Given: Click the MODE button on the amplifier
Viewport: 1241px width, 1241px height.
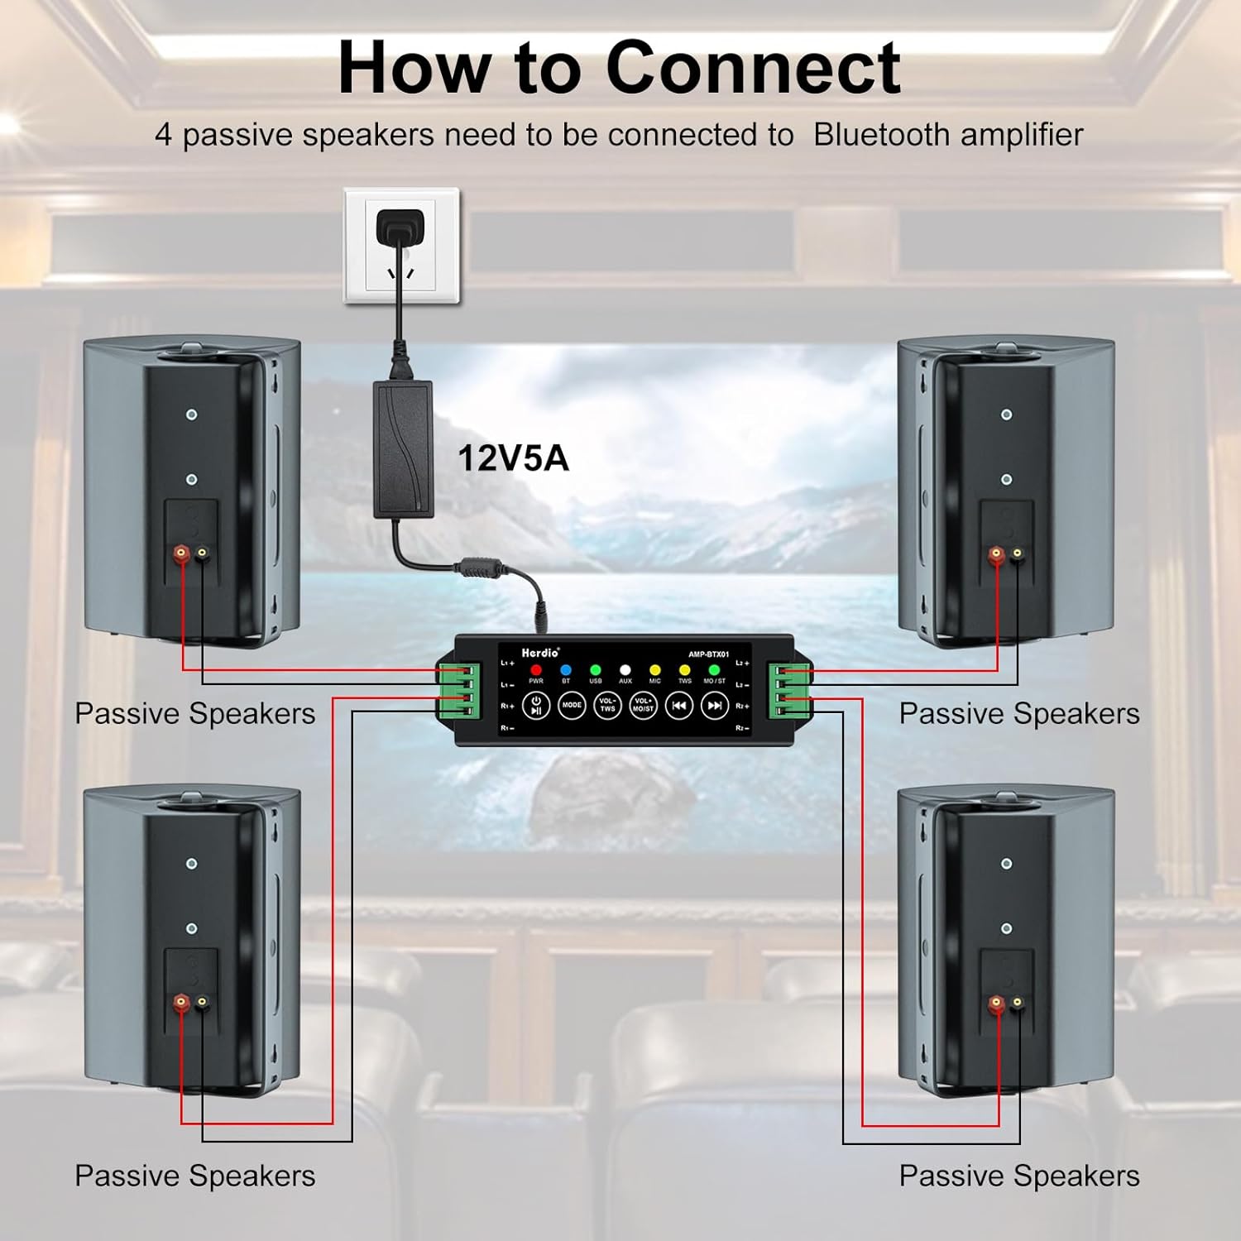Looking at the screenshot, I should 572,706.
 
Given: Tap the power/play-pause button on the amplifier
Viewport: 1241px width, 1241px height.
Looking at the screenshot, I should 536,706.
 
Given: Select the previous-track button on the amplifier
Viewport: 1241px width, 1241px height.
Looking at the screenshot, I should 678,706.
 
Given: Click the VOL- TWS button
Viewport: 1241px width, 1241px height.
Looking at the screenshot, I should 607,706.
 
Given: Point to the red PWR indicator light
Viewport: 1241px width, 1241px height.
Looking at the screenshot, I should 536,670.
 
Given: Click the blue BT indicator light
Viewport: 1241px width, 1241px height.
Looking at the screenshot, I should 566,670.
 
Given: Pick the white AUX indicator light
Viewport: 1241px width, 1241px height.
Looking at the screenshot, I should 625,670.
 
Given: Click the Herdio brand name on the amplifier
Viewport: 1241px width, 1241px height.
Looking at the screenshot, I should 540,653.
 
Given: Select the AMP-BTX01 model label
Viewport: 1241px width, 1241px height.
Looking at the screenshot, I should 709,654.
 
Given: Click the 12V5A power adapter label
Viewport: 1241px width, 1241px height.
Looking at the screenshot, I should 513,458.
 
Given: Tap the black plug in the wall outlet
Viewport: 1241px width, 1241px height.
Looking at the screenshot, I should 400,228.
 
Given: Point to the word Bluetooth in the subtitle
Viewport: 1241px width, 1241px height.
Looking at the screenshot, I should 881,135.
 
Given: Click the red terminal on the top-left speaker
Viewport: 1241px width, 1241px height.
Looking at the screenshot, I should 180,552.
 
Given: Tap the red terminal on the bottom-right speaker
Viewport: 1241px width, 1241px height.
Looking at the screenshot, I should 996,1004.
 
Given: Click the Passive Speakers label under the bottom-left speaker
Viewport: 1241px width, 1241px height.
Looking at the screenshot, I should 195,1176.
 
